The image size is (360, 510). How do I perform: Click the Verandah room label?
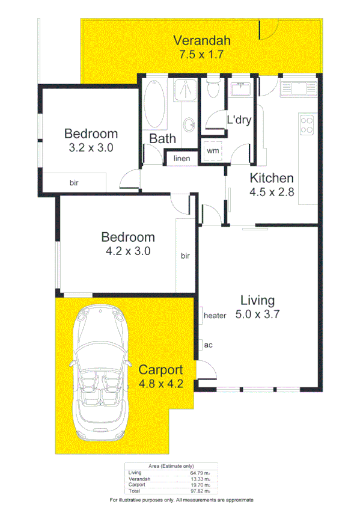[202, 41]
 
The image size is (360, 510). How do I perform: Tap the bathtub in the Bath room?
[156, 105]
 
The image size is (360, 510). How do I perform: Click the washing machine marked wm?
[213, 151]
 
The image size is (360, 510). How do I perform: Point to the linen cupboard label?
[182, 159]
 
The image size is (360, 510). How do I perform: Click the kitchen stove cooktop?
[307, 124]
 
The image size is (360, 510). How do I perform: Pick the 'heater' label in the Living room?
[215, 316]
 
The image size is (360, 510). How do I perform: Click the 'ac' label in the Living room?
[209, 345]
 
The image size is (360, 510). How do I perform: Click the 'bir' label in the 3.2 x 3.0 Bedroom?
[74, 182]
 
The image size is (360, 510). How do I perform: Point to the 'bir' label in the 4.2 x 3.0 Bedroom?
[185, 256]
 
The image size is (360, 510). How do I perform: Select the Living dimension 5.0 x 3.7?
[257, 313]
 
